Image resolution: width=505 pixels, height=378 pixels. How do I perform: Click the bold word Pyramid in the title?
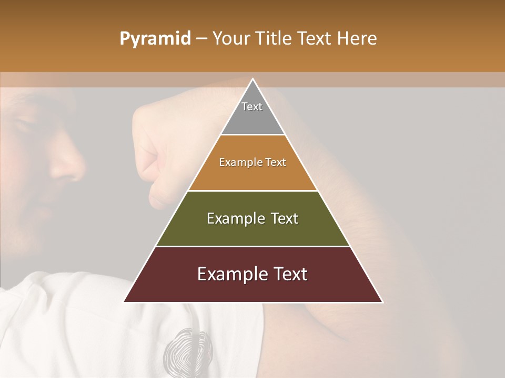(x=155, y=39)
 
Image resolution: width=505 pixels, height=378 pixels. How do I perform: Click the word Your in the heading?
(x=230, y=39)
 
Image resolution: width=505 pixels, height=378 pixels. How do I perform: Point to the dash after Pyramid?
(x=201, y=39)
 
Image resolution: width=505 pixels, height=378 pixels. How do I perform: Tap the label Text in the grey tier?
(x=252, y=107)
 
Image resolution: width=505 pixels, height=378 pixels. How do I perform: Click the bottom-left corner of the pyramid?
(x=124, y=302)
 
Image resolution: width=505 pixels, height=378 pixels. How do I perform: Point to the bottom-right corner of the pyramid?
(x=382, y=302)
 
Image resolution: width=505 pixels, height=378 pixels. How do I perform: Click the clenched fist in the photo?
(x=158, y=152)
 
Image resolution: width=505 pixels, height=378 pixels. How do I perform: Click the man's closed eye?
(x=24, y=126)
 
